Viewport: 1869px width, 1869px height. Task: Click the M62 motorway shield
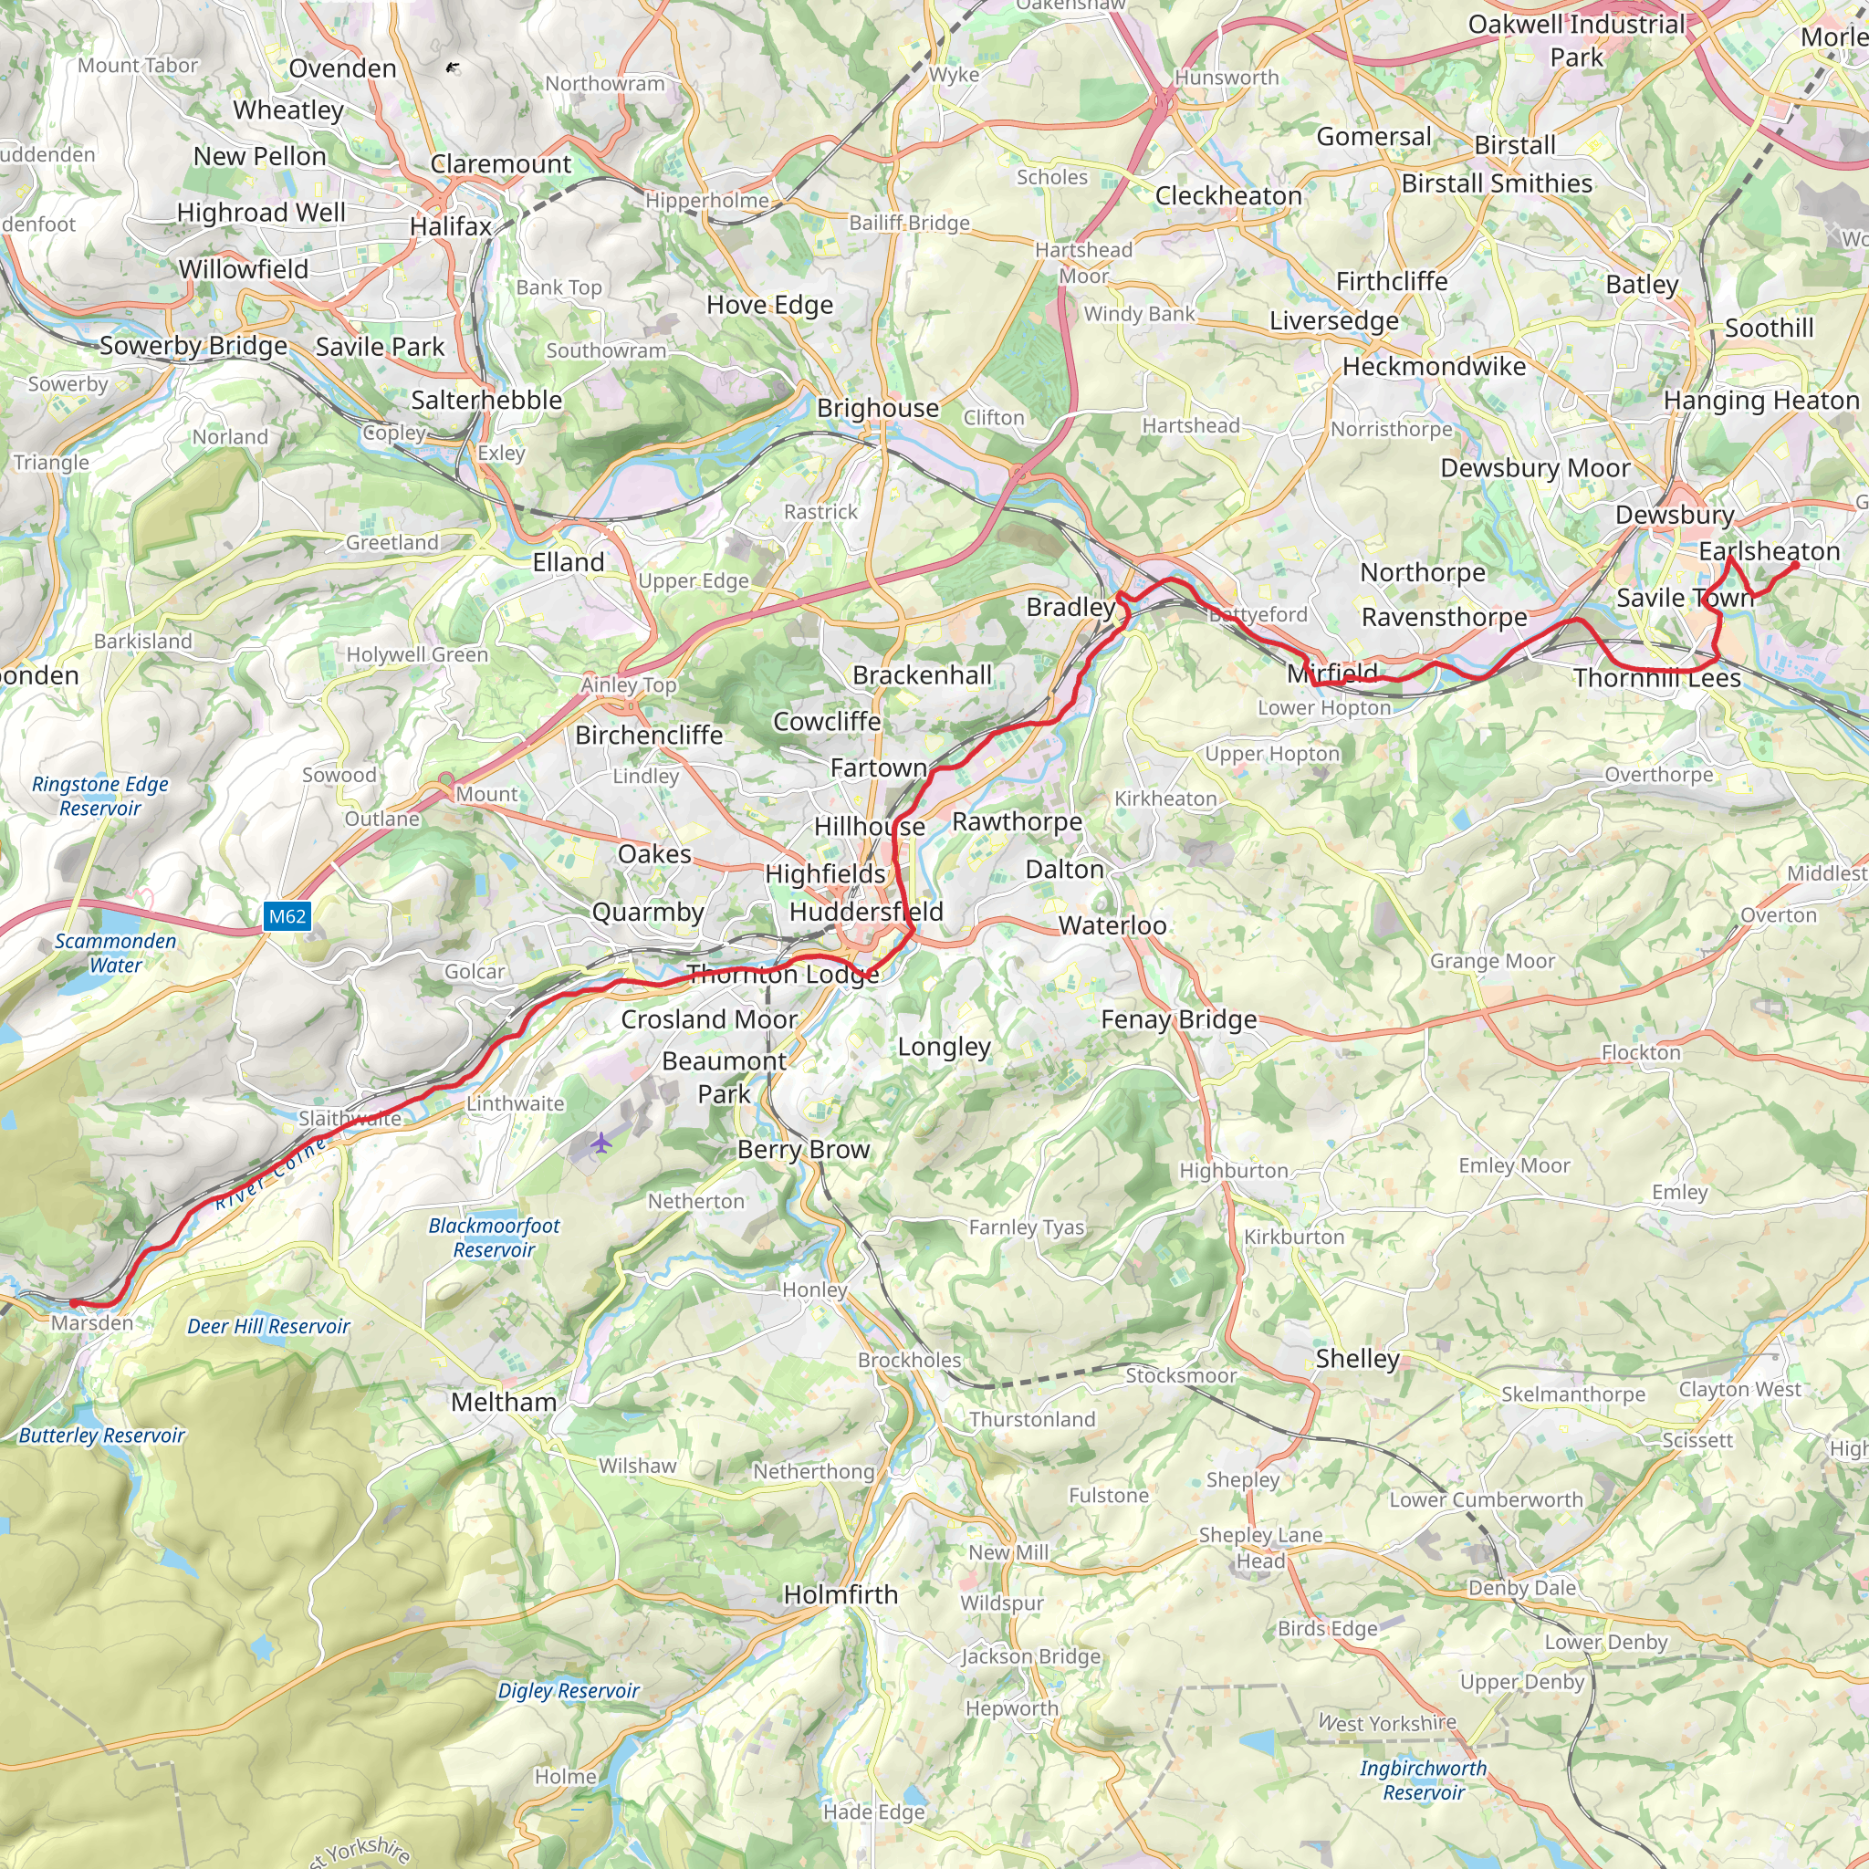coord(287,916)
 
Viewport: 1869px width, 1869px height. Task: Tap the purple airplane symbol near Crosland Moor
coord(601,1143)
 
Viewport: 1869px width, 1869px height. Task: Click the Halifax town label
coord(451,226)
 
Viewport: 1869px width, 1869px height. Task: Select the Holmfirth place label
coord(841,1594)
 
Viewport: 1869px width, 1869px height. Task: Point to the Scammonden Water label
coord(115,953)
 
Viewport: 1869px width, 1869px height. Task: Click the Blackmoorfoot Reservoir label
coord(495,1237)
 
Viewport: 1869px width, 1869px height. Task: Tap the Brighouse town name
coord(877,408)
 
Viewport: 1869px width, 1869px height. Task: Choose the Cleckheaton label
coord(1228,196)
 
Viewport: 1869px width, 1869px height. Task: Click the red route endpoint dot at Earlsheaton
coord(1794,566)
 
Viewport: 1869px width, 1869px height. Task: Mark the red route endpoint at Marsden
coord(74,1303)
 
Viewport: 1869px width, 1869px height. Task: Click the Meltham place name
coord(503,1402)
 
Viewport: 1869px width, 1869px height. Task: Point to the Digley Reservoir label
coord(568,1691)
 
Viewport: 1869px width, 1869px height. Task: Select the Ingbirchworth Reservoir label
coord(1423,1780)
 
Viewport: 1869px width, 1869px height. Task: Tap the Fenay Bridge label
coord(1178,1019)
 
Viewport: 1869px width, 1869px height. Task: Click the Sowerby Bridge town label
coord(193,345)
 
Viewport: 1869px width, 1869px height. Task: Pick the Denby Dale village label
coord(1521,1588)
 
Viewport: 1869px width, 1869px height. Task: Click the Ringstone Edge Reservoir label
coord(99,796)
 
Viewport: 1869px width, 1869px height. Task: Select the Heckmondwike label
coord(1434,367)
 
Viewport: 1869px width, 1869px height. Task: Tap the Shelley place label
coord(1357,1358)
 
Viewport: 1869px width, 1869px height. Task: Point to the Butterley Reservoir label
coord(101,1436)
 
